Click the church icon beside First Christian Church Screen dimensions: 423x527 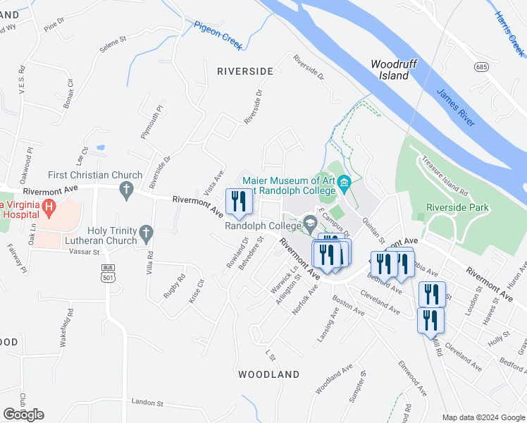pos(126,188)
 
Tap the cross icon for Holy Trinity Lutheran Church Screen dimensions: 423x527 pos(146,232)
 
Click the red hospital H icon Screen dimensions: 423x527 pos(49,207)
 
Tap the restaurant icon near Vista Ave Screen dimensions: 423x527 pos(239,202)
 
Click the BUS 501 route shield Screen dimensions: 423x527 pos(108,274)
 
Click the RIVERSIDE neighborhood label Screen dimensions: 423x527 pos(244,71)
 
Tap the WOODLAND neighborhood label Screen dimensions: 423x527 pos(268,374)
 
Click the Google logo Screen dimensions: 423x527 pos(23,415)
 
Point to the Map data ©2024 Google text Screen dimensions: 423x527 pos(484,417)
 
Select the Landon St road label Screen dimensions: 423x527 pos(147,403)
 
